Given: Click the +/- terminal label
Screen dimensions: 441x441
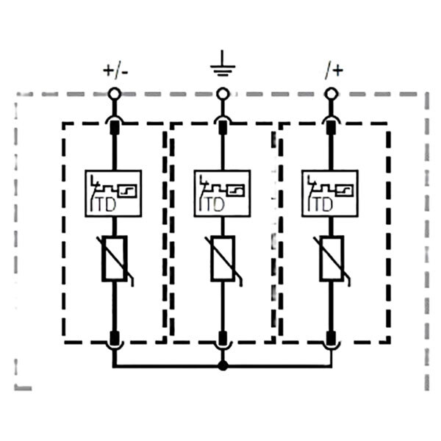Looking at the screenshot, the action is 115,71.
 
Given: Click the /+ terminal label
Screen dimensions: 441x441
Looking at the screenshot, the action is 334,71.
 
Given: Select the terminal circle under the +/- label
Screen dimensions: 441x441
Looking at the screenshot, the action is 114,93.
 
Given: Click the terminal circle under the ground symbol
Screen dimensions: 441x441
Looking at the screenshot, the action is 223,93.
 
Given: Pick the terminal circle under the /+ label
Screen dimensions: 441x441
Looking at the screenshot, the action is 331,93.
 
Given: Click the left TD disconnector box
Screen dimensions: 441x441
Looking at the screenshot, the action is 113,193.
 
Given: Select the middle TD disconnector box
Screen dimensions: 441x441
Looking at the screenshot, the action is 222,193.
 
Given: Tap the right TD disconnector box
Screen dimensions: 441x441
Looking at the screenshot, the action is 330,193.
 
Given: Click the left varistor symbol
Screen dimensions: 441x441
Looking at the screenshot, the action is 115,259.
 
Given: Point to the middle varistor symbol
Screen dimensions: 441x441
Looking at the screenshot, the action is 223,259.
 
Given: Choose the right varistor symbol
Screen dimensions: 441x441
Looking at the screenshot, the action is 332,259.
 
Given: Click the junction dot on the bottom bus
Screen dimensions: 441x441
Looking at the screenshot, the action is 223,366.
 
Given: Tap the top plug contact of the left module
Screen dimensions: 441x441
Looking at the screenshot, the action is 114,127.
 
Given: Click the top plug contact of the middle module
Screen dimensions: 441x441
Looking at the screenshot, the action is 223,127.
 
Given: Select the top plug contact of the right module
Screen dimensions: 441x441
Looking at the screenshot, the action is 331,127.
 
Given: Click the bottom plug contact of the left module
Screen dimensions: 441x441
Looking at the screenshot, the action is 114,338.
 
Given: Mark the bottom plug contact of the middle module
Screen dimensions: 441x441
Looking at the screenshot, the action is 223,338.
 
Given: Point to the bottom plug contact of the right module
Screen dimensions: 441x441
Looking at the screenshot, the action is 331,338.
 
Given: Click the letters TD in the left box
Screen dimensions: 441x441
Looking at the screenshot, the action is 106,204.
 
